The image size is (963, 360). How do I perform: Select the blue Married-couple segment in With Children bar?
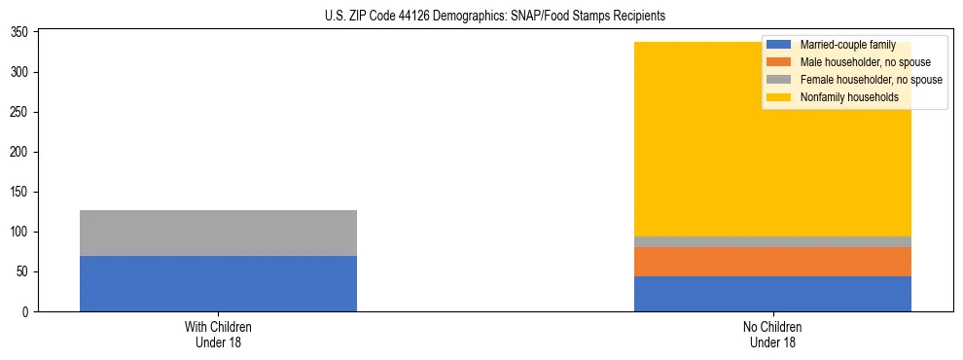218,283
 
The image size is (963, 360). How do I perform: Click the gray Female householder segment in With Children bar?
218,233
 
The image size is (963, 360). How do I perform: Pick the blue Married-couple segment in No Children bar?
772,294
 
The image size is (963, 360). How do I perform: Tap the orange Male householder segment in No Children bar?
772,262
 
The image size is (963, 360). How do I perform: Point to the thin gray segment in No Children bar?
772,241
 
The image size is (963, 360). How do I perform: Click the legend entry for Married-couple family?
846,45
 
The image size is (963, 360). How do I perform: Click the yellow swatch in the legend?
778,97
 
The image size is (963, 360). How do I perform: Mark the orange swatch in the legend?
778,62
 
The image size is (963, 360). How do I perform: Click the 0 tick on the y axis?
28,311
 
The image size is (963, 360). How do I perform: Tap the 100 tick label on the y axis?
22,232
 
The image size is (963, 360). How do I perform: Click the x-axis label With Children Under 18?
218,335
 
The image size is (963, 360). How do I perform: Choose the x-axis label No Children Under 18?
772,335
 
